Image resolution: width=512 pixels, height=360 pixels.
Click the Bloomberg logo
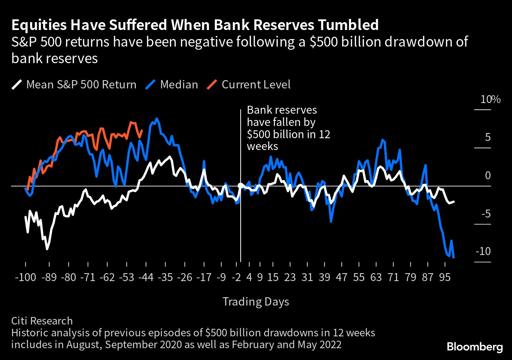[x=475, y=347]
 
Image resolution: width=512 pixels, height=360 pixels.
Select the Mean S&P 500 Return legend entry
[x=81, y=84]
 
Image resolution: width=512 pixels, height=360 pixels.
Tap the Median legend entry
[x=179, y=84]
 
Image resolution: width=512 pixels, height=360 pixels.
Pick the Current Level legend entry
[x=256, y=84]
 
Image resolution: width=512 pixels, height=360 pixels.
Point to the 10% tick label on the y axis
[x=490, y=99]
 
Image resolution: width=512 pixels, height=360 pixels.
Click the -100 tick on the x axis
[x=26, y=277]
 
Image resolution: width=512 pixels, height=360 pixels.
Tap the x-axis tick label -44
[x=146, y=277]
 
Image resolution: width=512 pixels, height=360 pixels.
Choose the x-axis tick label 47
[x=341, y=277]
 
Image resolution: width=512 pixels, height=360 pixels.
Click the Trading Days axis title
[x=256, y=302]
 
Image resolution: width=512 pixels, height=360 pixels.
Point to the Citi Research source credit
[x=42, y=321]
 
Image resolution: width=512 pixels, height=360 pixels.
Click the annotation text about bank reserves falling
[x=288, y=128]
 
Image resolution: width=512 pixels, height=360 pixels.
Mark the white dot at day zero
[x=240, y=186]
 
